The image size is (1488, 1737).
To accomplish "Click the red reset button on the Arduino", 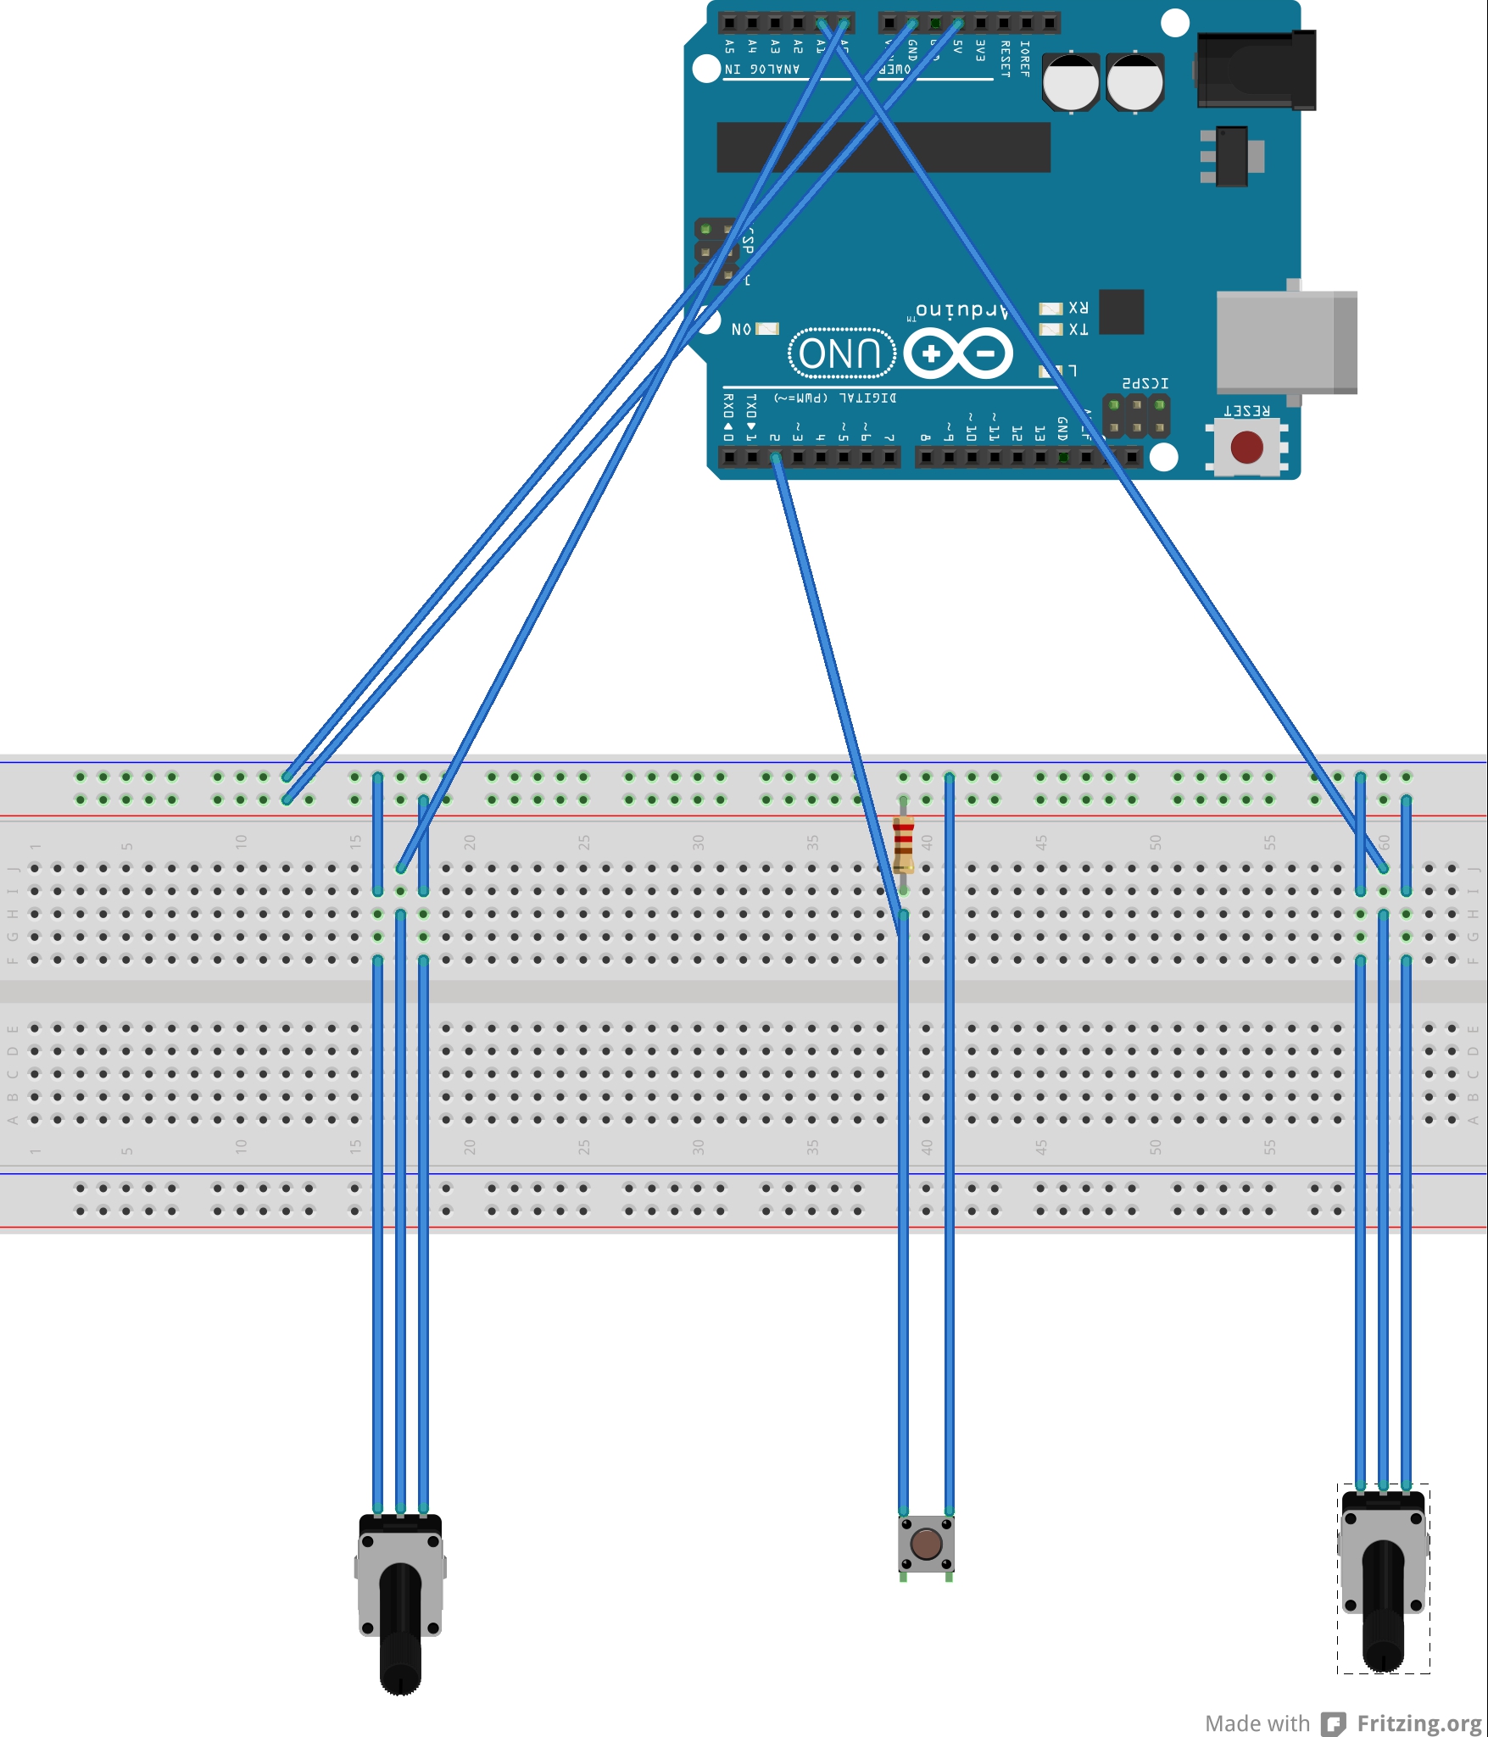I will click(x=1246, y=447).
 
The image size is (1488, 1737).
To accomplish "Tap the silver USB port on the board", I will click(x=1285, y=341).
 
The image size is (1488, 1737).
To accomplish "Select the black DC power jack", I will click(x=1257, y=70).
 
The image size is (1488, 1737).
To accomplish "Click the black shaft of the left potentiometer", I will click(x=400, y=1628).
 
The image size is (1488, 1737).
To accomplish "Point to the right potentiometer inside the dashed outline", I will click(x=1383, y=1578).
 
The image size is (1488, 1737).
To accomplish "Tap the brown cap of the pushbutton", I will click(x=926, y=1544).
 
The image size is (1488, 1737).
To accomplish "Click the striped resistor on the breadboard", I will click(x=904, y=844).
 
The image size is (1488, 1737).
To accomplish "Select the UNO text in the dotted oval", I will click(x=841, y=353).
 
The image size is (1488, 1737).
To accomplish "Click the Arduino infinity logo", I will click(x=958, y=354).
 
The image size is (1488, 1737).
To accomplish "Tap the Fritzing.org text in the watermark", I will click(x=1418, y=1723).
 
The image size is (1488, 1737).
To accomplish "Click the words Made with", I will click(x=1257, y=1723).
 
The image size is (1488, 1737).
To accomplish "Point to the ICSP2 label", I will click(x=1145, y=384).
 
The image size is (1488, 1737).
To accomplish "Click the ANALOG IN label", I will click(x=761, y=69).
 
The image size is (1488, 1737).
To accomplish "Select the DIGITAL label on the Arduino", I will click(x=867, y=398).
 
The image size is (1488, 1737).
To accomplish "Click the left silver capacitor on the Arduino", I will click(x=1071, y=82).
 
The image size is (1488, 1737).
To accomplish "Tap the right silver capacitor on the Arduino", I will click(x=1134, y=82).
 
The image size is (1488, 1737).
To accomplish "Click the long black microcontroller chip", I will click(x=883, y=148).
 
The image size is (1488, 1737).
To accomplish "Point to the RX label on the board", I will click(x=1078, y=307).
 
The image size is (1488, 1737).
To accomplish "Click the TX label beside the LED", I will click(x=1078, y=329).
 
